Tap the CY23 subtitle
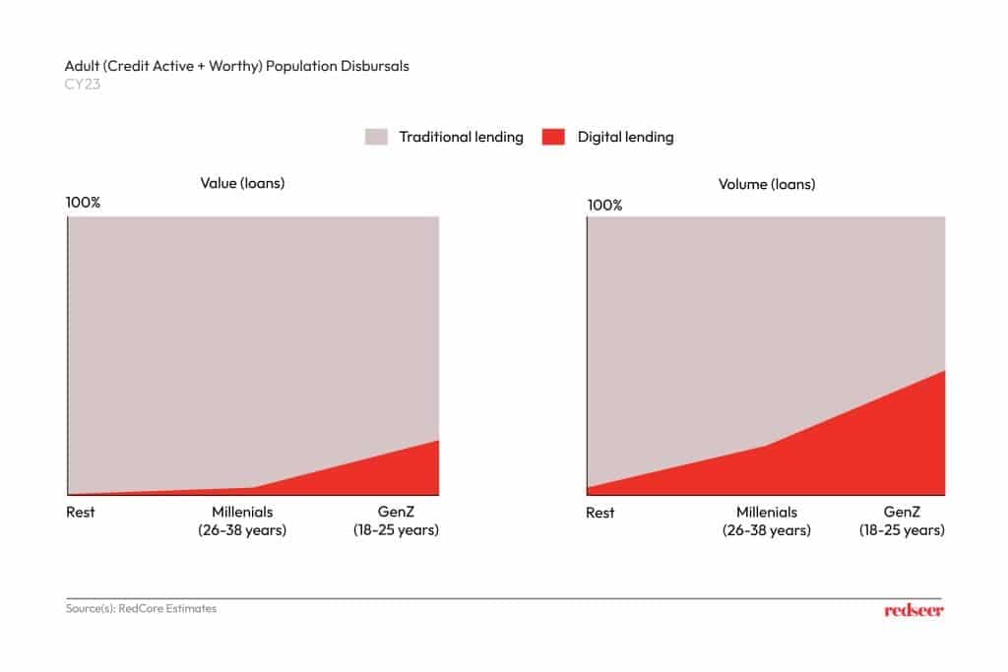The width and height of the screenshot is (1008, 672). pyautogui.click(x=84, y=84)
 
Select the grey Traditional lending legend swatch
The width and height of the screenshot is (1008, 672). pyautogui.click(x=376, y=137)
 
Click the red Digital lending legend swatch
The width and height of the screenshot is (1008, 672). pyautogui.click(x=552, y=137)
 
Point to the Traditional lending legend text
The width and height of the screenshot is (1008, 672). pyautogui.click(x=461, y=137)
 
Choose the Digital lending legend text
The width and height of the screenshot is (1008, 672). pyautogui.click(x=625, y=137)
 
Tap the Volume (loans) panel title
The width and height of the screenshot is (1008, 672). pyautogui.click(x=767, y=184)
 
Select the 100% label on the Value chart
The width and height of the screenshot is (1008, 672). pyautogui.click(x=83, y=203)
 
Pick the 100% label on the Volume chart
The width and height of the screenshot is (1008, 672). pyautogui.click(x=604, y=205)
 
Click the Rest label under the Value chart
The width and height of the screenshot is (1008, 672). pyautogui.click(x=81, y=513)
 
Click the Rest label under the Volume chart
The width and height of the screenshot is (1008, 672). pyautogui.click(x=599, y=513)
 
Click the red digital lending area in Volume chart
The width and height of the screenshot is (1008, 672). pyautogui.click(x=866, y=453)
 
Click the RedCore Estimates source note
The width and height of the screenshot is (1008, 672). pyautogui.click(x=141, y=609)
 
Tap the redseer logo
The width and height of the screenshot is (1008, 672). pyautogui.click(x=913, y=610)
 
